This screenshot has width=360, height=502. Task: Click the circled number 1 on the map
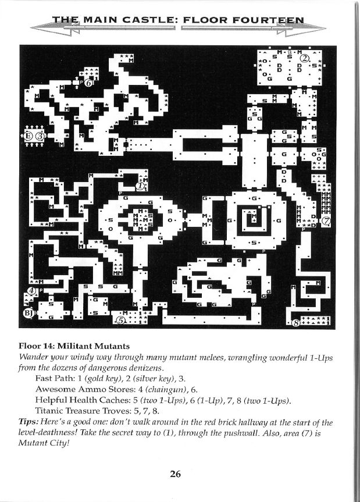coord(140,186)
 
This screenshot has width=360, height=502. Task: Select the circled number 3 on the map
coord(40,137)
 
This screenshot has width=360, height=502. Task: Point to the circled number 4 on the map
coord(33,291)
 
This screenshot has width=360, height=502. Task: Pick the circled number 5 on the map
coord(121,319)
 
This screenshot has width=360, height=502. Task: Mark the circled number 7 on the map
coord(326,222)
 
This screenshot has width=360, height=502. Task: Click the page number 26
coord(176,473)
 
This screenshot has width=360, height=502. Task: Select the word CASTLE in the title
coord(144,23)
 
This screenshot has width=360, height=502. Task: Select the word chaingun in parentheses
coord(170,389)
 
